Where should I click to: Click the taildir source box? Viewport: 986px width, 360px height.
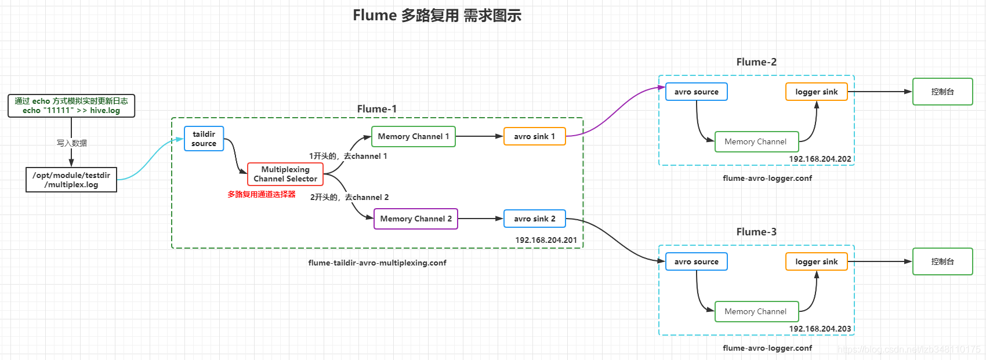point(204,139)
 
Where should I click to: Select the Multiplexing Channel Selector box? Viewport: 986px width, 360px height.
point(285,174)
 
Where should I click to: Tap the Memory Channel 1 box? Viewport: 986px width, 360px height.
point(413,137)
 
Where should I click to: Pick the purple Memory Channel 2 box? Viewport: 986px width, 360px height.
point(415,219)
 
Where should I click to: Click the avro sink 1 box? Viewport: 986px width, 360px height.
point(534,137)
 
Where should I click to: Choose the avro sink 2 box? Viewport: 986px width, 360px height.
point(534,219)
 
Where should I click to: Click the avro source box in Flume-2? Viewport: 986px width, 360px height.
point(696,92)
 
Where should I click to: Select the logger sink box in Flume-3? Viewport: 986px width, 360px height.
point(816,262)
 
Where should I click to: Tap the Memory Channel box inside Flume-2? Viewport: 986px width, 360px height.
point(756,142)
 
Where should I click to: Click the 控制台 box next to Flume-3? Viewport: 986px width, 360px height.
point(942,262)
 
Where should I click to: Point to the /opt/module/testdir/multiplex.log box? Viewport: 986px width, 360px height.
point(71,180)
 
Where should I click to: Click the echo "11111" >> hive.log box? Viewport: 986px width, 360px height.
point(71,106)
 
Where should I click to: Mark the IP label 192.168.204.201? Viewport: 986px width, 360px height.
point(546,240)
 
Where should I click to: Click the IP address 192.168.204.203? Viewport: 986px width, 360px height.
point(820,329)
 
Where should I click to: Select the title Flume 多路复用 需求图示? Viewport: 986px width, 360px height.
point(437,16)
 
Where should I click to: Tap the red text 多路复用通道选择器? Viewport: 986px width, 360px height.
point(262,195)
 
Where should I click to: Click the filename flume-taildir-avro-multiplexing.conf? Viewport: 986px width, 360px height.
point(377,263)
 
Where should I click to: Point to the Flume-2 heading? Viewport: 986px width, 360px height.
point(756,62)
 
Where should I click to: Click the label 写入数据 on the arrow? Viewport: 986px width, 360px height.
point(72,143)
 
